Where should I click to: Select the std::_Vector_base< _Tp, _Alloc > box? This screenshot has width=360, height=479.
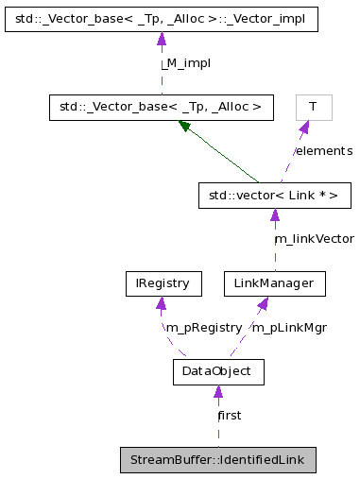click(x=161, y=107)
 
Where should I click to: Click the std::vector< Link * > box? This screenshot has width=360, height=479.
click(x=275, y=196)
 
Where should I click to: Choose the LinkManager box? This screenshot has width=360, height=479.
click(x=274, y=282)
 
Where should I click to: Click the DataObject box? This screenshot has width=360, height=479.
click(x=217, y=371)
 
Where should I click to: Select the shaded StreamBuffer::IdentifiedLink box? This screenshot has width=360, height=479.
click(x=217, y=460)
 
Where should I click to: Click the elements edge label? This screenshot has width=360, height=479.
click(x=323, y=151)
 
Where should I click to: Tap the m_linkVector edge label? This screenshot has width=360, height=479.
click(x=314, y=239)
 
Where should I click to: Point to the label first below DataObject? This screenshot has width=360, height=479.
click(x=229, y=416)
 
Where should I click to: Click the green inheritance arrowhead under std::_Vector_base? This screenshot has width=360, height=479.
click(x=186, y=126)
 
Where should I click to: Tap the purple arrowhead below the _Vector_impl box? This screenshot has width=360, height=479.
click(x=161, y=39)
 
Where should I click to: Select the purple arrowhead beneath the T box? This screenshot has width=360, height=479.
click(x=303, y=128)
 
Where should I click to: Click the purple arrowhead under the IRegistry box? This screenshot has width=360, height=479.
click(x=162, y=303)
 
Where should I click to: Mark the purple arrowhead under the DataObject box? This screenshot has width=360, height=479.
click(x=217, y=392)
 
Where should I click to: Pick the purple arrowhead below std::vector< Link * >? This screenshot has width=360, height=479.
click(x=275, y=215)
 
